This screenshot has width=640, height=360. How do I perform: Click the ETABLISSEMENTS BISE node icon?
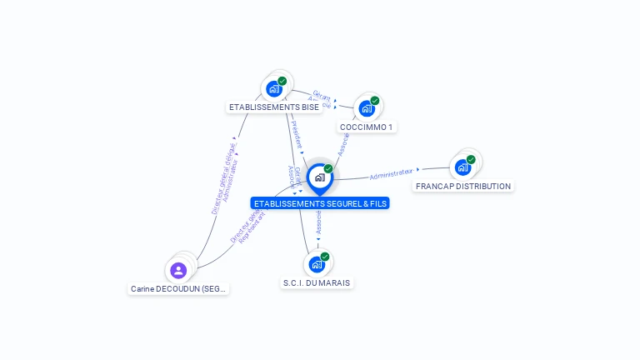pos(273,88)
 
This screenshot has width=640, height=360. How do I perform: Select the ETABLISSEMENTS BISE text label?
pos(274,107)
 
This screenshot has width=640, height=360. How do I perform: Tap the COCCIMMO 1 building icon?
pos(366,108)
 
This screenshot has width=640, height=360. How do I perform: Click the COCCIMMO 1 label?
pos(367,127)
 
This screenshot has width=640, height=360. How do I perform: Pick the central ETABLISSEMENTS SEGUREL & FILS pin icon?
pos(319,177)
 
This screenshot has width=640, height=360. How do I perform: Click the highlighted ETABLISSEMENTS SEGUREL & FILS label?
pos(320,203)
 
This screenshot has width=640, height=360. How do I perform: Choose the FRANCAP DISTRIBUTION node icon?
pos(462,167)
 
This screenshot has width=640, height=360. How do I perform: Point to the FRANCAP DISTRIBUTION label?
pos(463,186)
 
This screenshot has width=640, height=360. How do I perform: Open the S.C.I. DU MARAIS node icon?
pos(316,264)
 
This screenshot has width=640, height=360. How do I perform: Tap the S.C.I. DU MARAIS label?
pos(317,283)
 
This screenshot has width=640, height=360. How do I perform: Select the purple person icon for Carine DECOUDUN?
pos(178,270)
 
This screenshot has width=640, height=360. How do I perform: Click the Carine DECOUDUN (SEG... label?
pos(179,289)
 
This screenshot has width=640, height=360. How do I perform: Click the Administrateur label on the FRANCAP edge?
pos(391,173)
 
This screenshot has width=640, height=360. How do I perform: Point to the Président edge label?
pos(295,133)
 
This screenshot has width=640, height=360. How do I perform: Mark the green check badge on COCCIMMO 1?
pos(375,101)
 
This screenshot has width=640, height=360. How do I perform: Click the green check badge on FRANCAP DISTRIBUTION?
pos(471,159)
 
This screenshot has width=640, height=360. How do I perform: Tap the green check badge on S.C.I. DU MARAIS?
pos(325,257)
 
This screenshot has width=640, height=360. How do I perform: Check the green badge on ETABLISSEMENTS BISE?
pos(282,81)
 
